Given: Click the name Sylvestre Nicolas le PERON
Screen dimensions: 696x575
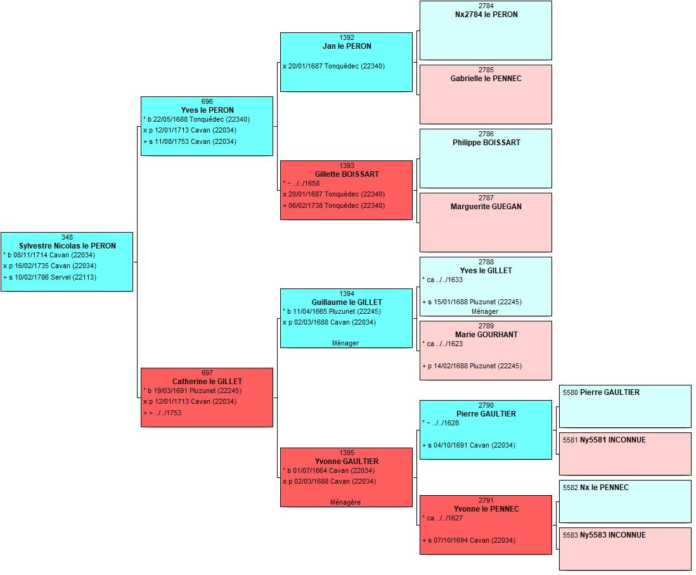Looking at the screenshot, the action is click(67, 245).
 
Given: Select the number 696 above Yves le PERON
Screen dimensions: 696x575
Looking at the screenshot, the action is click(207, 101).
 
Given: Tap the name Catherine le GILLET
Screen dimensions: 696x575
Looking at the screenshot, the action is click(207, 382).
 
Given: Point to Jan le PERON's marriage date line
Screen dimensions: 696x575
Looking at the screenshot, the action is click(334, 66).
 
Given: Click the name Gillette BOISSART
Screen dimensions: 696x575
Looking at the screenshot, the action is click(347, 174).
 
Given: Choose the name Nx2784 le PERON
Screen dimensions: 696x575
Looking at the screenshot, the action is click(486, 14).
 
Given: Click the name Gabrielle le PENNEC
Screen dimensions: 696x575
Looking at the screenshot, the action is click(486, 78).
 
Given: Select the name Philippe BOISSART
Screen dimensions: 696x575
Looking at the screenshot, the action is click(486, 143).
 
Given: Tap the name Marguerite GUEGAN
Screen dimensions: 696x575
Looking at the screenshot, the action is click(486, 207).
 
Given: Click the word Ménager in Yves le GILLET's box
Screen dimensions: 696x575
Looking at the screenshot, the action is click(485, 311).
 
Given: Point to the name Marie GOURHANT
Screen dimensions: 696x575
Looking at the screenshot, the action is click(486, 334).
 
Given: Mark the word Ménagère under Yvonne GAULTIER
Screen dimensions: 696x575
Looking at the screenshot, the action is click(345, 502).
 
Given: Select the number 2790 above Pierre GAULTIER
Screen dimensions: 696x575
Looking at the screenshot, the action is click(486, 405).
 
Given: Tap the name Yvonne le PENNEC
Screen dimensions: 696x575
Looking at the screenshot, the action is click(486, 509).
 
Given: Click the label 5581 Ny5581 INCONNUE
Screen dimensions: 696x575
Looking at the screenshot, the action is click(604, 440).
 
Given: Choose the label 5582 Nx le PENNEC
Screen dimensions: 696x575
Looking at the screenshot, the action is click(596, 488).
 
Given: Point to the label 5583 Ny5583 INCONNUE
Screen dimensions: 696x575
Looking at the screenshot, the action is click(604, 535).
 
